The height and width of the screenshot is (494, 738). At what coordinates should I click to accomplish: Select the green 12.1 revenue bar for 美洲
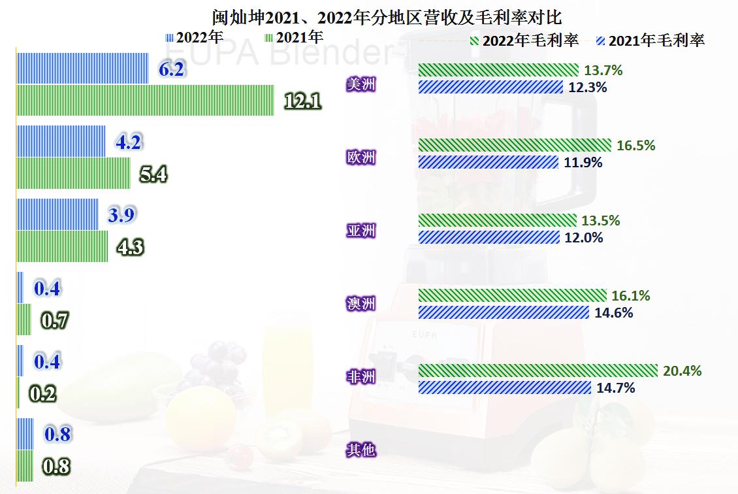(145, 100)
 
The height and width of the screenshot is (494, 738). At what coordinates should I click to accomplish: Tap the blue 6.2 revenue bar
(82, 68)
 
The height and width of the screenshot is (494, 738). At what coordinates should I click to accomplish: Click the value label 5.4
(154, 174)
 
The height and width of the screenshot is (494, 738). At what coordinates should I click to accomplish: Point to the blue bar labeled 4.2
(61, 141)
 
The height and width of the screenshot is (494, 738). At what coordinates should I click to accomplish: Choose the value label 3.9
(123, 215)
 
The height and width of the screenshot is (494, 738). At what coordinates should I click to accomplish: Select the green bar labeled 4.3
(62, 246)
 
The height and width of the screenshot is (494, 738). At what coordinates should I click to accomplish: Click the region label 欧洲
(361, 157)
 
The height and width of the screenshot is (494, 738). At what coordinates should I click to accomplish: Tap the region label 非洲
(361, 377)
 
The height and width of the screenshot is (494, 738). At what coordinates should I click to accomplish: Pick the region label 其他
(361, 450)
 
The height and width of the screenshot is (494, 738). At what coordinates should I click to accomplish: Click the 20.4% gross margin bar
(537, 371)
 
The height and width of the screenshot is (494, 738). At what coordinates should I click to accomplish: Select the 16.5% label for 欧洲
(635, 146)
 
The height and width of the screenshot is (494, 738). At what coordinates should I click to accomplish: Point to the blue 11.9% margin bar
(488, 162)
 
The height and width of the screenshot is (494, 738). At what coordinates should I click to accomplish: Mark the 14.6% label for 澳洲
(613, 313)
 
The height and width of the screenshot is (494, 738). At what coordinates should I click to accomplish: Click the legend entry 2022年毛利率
(524, 41)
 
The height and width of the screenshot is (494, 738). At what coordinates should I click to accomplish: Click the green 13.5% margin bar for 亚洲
(497, 221)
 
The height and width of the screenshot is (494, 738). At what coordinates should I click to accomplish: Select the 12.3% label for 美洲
(588, 87)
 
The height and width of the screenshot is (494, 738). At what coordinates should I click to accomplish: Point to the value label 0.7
(54, 321)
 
